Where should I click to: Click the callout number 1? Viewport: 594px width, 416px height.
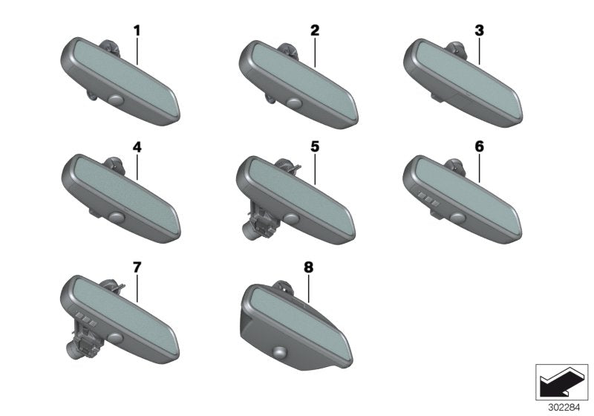(x=137, y=30)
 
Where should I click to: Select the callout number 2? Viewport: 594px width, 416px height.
(x=315, y=30)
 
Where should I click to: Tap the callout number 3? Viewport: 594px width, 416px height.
(x=479, y=30)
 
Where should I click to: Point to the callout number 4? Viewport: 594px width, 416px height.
(x=137, y=147)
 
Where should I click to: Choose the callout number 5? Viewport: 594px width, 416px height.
(x=315, y=146)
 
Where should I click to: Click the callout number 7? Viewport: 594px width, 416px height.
(x=137, y=267)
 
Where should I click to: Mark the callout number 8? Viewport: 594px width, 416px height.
(x=309, y=267)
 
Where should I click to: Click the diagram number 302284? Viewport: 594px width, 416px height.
(x=564, y=408)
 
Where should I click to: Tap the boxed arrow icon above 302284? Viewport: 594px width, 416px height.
(x=561, y=382)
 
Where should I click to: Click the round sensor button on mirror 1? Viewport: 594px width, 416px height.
(x=116, y=100)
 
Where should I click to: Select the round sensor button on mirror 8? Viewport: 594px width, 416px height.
(x=281, y=351)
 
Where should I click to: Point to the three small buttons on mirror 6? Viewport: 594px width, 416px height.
(x=428, y=199)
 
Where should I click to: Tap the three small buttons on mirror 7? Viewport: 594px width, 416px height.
(x=87, y=319)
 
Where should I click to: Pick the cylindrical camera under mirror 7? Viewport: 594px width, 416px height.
(x=74, y=349)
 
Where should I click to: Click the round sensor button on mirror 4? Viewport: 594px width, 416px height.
(x=117, y=217)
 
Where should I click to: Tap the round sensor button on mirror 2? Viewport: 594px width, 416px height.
(x=294, y=103)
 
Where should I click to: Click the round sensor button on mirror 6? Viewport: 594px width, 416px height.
(x=457, y=218)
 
